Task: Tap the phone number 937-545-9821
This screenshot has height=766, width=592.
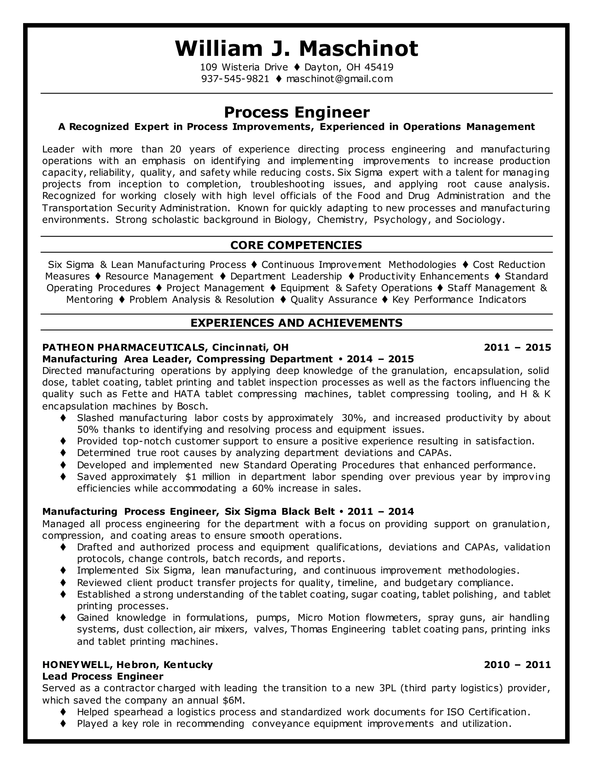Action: [x=235, y=79]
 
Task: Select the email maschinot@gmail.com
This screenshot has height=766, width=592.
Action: [x=339, y=79]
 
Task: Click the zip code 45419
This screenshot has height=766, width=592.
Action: [x=379, y=67]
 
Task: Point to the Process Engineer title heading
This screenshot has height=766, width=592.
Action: [x=296, y=112]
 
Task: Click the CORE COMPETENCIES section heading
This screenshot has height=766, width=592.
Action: [x=296, y=245]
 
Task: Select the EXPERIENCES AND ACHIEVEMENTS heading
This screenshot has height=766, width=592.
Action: [x=296, y=323]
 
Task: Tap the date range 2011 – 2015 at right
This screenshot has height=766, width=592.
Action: [x=517, y=347]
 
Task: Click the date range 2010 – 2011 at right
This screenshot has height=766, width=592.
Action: [x=517, y=665]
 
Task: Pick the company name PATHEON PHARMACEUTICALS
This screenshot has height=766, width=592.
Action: [x=123, y=347]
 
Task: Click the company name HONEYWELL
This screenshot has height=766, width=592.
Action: [x=77, y=665]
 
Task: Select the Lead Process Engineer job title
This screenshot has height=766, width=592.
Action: [x=103, y=676]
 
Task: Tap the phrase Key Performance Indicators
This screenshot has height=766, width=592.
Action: [x=459, y=299]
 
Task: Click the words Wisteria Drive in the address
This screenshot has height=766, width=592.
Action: [x=255, y=67]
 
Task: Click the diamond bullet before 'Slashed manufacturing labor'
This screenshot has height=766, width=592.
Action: [x=63, y=418]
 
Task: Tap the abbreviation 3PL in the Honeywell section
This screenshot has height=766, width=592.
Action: [x=388, y=688]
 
